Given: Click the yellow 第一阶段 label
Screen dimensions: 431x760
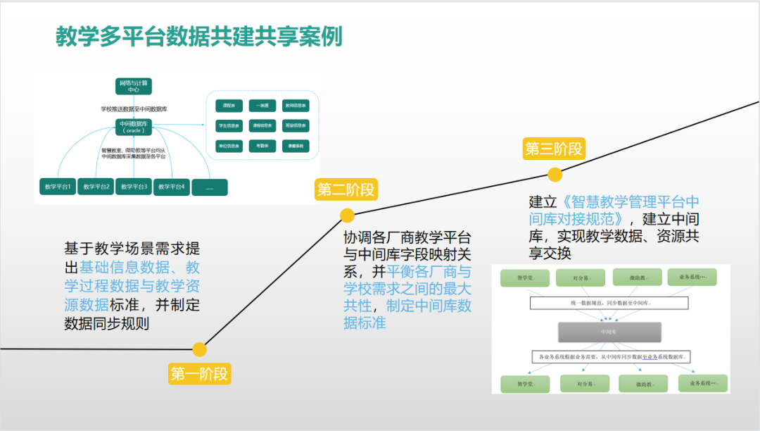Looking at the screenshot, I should coord(200,374).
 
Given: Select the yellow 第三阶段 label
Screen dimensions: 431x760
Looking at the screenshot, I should coord(555,149).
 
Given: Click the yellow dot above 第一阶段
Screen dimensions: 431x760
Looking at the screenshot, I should coord(200,349).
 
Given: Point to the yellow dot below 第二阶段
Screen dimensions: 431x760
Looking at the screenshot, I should coord(347,216).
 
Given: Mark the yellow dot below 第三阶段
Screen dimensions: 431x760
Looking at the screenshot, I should coord(555,175).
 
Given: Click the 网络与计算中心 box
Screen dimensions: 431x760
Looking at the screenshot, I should coord(134,87).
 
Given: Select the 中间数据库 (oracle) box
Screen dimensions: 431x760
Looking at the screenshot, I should coord(134,127).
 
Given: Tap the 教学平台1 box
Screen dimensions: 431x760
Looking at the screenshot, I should coord(58,187).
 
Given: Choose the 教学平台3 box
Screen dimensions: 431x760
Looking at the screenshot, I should coord(134,187).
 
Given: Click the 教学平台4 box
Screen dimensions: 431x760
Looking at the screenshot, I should coord(172,187).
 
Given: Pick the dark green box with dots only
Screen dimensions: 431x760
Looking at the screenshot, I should coord(210,187).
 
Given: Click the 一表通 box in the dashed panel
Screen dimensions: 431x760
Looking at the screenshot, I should coord(262,105).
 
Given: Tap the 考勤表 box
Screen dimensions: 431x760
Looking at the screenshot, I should coord(262,146).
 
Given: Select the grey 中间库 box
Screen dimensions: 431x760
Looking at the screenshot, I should coord(610,331).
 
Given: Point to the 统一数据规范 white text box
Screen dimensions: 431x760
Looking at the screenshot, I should coord(609,303).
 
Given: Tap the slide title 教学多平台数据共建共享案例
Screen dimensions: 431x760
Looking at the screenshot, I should coord(199,37).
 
